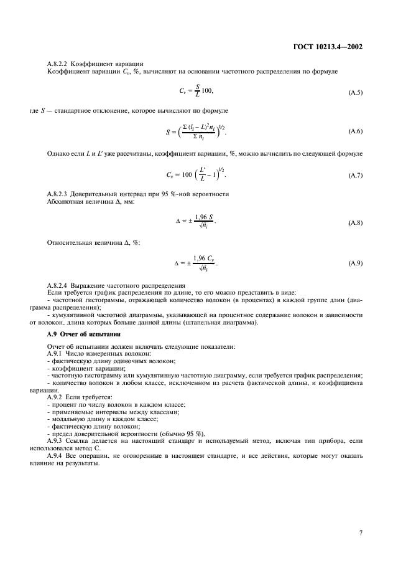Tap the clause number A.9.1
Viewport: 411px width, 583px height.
[x=56, y=353]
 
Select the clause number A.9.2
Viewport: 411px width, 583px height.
[x=56, y=396]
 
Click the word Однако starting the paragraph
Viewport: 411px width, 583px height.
[x=59, y=153]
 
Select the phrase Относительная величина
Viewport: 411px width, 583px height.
[x=76, y=242]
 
